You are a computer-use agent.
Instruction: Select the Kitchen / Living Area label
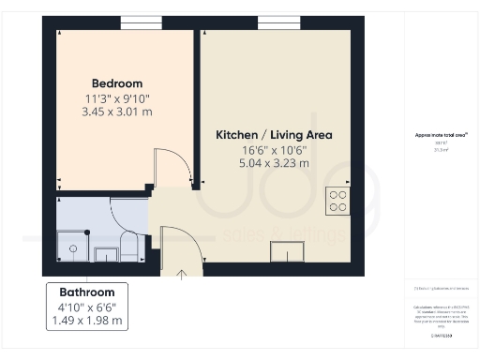(x=275, y=135)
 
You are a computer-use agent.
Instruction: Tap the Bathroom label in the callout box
(x=87, y=292)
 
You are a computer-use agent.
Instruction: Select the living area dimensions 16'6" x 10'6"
(x=275, y=150)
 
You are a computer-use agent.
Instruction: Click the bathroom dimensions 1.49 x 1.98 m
(x=87, y=321)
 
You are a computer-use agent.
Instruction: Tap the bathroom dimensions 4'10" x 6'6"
(x=87, y=307)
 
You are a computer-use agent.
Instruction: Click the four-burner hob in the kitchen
(x=337, y=201)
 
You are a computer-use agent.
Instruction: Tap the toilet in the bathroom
(x=129, y=248)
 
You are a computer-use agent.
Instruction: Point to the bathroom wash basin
(x=102, y=251)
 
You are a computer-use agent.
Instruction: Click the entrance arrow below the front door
(x=181, y=274)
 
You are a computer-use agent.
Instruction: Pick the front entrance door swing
(x=180, y=245)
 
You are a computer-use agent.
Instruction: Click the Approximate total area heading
(x=441, y=135)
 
